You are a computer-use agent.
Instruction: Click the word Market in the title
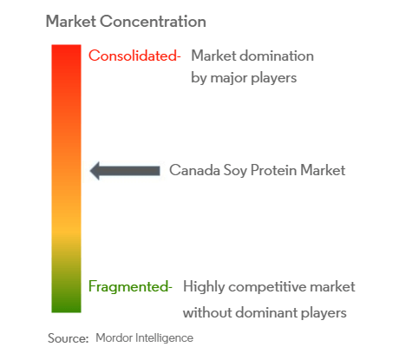(71, 22)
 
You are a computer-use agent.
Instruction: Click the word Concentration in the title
(153, 22)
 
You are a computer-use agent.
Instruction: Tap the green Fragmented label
(130, 286)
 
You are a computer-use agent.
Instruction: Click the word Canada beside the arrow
(194, 170)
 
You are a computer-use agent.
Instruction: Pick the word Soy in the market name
(235, 171)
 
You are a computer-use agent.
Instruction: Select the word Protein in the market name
(273, 170)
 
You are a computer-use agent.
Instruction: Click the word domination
(277, 56)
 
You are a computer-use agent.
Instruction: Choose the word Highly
(204, 287)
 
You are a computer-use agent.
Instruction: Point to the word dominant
(266, 312)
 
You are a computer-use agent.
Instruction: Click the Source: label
(68, 338)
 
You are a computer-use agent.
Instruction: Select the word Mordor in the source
(114, 337)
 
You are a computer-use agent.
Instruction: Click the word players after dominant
(324, 313)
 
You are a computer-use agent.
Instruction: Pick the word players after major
(274, 78)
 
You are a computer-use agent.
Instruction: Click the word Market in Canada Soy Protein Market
(323, 170)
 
